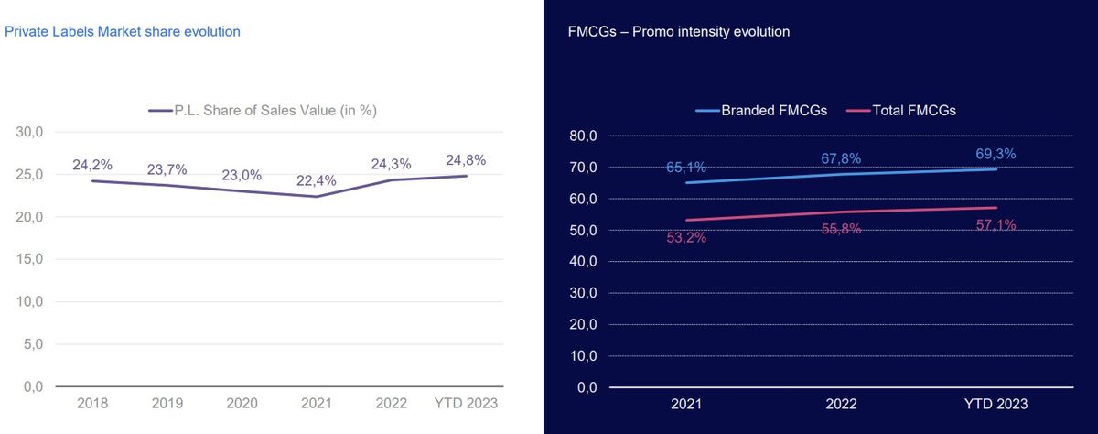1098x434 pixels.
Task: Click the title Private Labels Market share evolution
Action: tap(123, 32)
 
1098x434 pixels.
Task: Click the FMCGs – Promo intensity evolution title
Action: tap(678, 32)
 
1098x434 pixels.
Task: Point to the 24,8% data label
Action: tap(466, 160)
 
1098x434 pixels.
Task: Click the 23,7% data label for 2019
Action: tap(167, 169)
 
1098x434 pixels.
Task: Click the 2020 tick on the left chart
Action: tap(242, 404)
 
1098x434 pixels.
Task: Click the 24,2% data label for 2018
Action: tap(92, 165)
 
